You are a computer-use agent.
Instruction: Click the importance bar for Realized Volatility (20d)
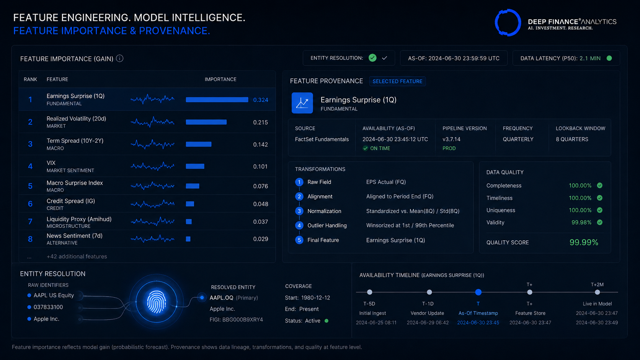pyautogui.click(x=206, y=122)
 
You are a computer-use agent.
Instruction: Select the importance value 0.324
pyautogui.click(x=261, y=100)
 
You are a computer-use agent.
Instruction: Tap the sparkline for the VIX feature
pyautogui.click(x=152, y=166)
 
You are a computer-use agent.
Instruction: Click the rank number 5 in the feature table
pyautogui.click(x=30, y=186)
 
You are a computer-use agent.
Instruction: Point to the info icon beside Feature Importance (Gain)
pyautogui.click(x=120, y=59)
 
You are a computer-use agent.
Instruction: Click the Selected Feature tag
pyautogui.click(x=397, y=81)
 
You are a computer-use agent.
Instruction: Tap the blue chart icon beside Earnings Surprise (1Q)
pyautogui.click(x=302, y=103)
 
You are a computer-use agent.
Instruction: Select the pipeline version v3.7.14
pyautogui.click(x=451, y=139)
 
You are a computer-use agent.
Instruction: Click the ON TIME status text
pyautogui.click(x=380, y=148)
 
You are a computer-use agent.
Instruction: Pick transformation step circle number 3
pyautogui.click(x=299, y=211)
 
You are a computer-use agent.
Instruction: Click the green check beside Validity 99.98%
pyautogui.click(x=600, y=222)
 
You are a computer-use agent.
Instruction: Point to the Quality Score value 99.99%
pyautogui.click(x=584, y=243)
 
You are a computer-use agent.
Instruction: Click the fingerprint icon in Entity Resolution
pyautogui.click(x=156, y=302)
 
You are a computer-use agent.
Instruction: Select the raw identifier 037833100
pyautogui.click(x=48, y=307)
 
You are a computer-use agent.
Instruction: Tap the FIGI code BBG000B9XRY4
pyautogui.click(x=236, y=320)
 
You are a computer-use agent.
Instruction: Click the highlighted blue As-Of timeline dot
pyautogui.click(x=478, y=292)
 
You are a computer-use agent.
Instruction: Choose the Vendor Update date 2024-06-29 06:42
pyautogui.click(x=428, y=323)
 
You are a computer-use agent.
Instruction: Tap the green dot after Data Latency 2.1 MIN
pyautogui.click(x=609, y=58)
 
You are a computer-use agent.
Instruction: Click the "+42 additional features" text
pyautogui.click(x=77, y=256)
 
